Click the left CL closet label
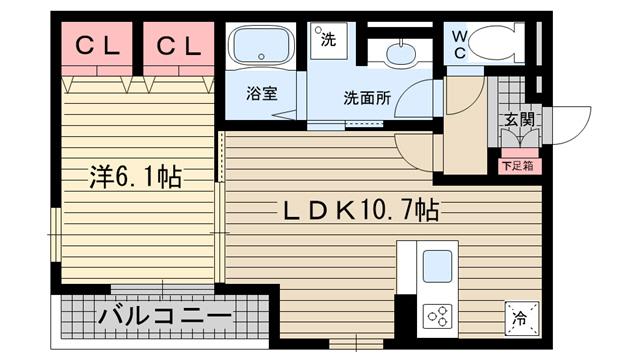click(x=97, y=45)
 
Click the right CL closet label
click(x=179, y=45)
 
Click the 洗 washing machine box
click(x=328, y=41)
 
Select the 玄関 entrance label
click(x=517, y=120)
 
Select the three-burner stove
click(x=438, y=317)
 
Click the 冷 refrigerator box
click(x=519, y=319)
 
